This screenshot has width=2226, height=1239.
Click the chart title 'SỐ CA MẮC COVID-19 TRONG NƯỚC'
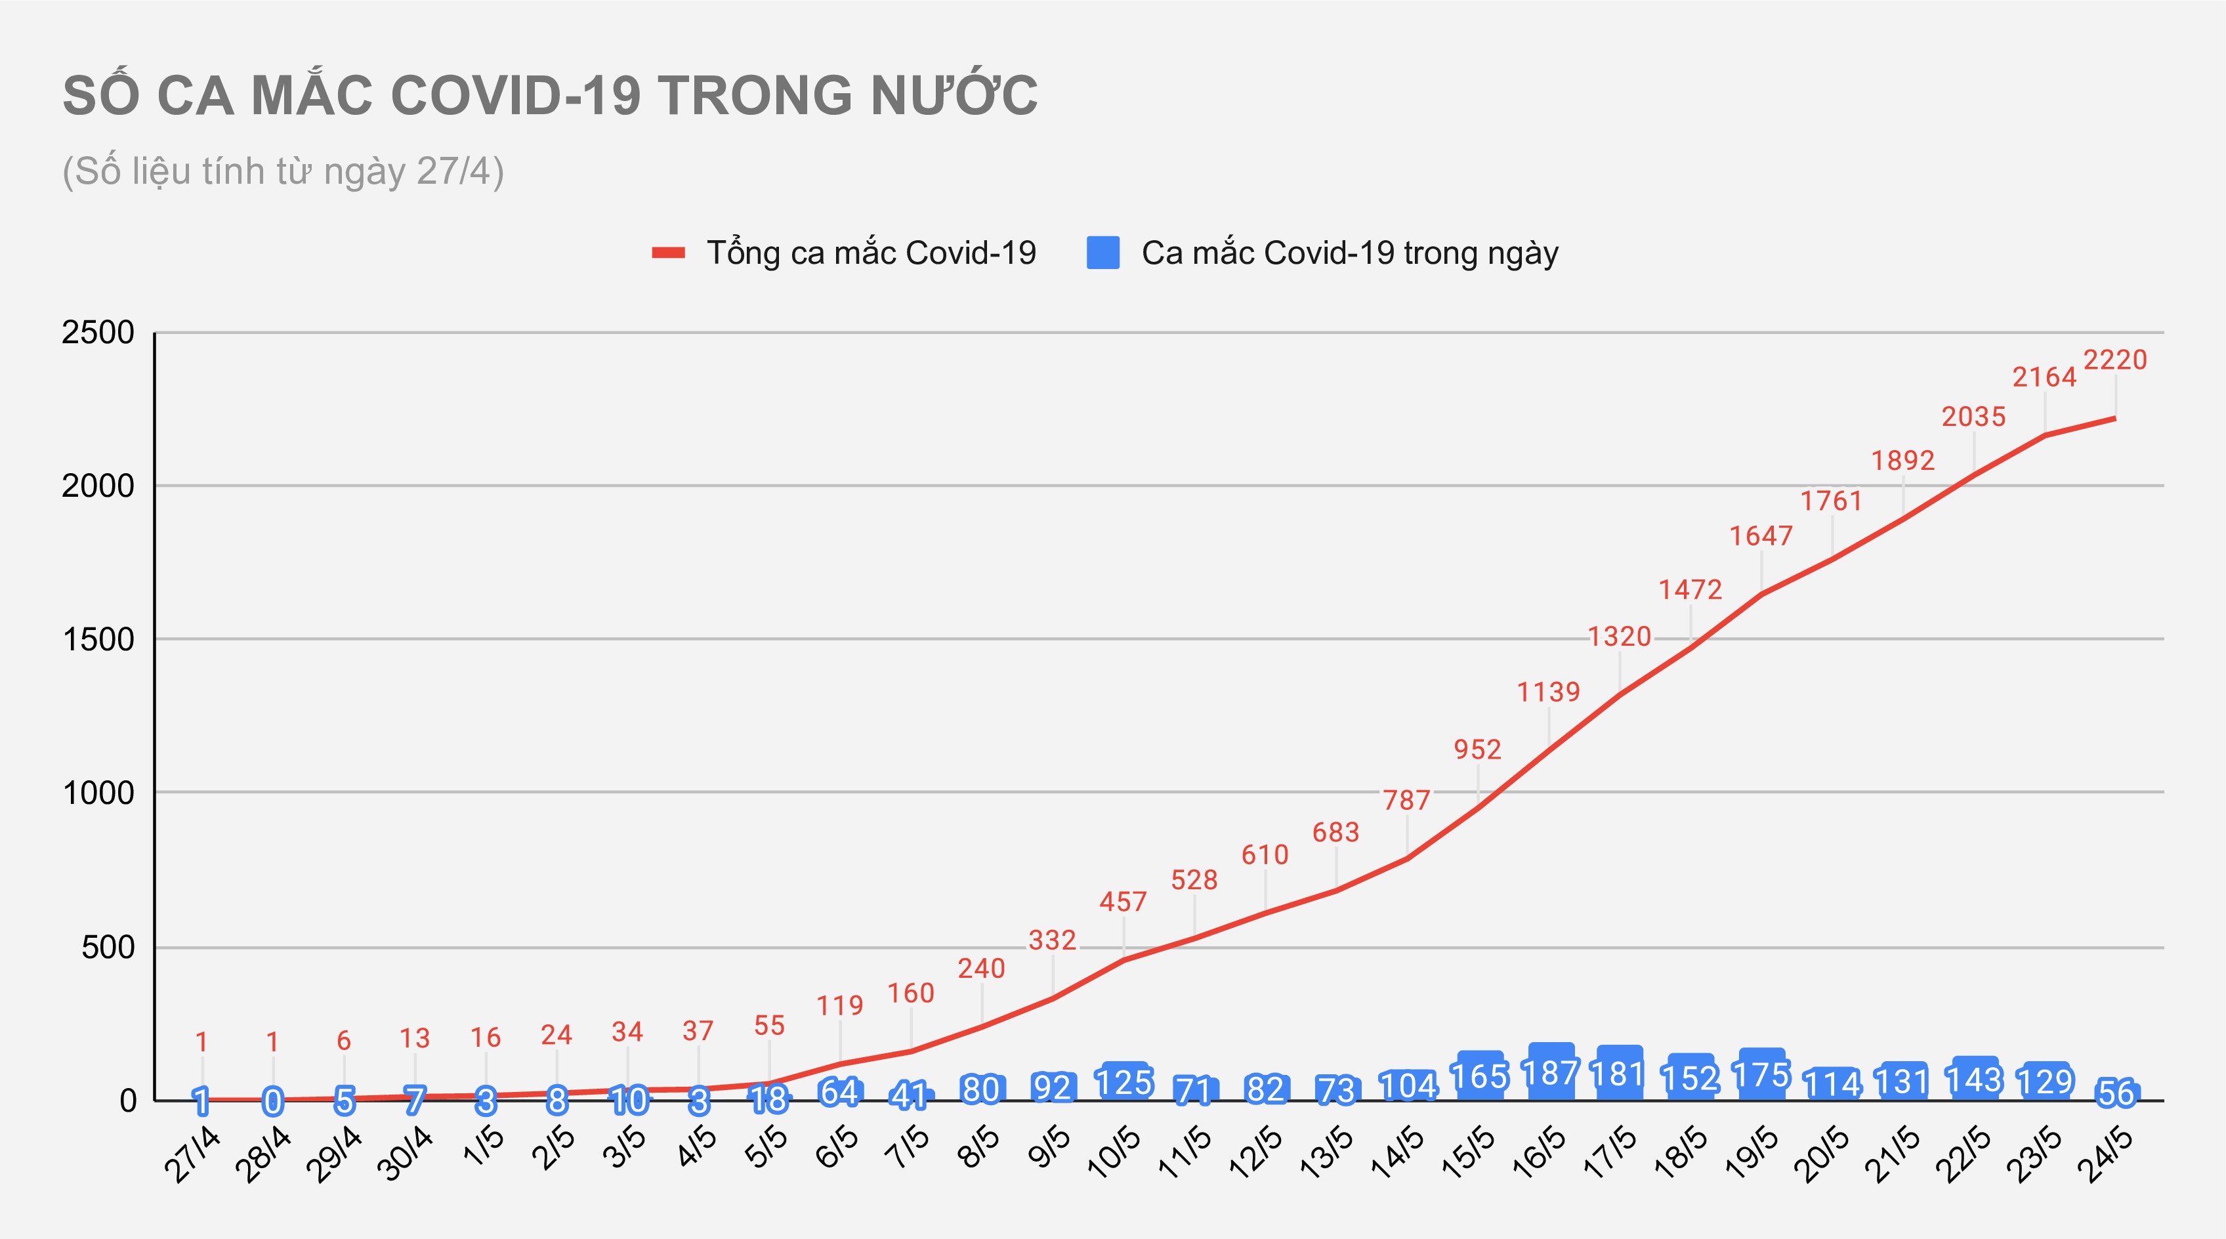tap(549, 95)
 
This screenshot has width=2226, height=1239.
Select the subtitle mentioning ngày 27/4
tap(283, 171)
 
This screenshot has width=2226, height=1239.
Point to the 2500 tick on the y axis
tap(98, 333)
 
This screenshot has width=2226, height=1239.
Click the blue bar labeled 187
tap(1550, 1072)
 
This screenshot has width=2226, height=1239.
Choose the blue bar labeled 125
tap(1124, 1081)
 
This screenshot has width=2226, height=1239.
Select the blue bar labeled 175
tap(1762, 1075)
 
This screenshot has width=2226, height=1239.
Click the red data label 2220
tap(2114, 360)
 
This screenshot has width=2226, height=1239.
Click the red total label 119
tap(839, 1005)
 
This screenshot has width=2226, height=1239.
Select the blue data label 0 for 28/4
tap(273, 1101)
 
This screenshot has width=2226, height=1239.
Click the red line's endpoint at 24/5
tap(2114, 418)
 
